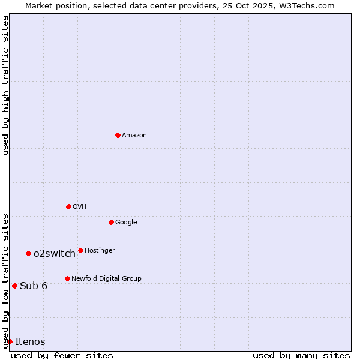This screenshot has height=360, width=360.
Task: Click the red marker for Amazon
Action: point(118,135)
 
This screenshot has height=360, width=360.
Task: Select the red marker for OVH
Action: point(68,206)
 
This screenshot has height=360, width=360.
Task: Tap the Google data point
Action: point(111,222)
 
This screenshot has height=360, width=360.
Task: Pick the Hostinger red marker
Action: point(80,250)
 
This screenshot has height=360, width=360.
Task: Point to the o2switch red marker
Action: point(28,253)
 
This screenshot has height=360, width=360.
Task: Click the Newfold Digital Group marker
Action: point(67,278)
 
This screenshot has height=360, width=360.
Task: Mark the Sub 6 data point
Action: point(14,286)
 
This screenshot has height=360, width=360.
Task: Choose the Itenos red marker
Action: point(10,341)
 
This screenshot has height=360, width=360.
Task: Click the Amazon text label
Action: point(134,136)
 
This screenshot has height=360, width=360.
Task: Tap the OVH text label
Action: point(80,207)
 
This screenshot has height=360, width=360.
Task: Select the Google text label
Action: point(126,223)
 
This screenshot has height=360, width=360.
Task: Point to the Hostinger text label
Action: point(100,251)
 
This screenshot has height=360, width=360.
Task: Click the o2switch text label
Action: point(55,254)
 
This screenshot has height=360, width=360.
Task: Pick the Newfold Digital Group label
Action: point(106,279)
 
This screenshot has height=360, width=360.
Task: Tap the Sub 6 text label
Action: point(34,286)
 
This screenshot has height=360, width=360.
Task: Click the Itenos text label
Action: point(30,342)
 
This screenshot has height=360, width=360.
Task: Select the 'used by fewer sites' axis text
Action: point(62,355)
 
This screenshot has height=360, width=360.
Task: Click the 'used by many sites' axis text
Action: point(301,355)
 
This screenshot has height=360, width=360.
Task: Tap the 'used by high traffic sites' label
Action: point(6,85)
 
